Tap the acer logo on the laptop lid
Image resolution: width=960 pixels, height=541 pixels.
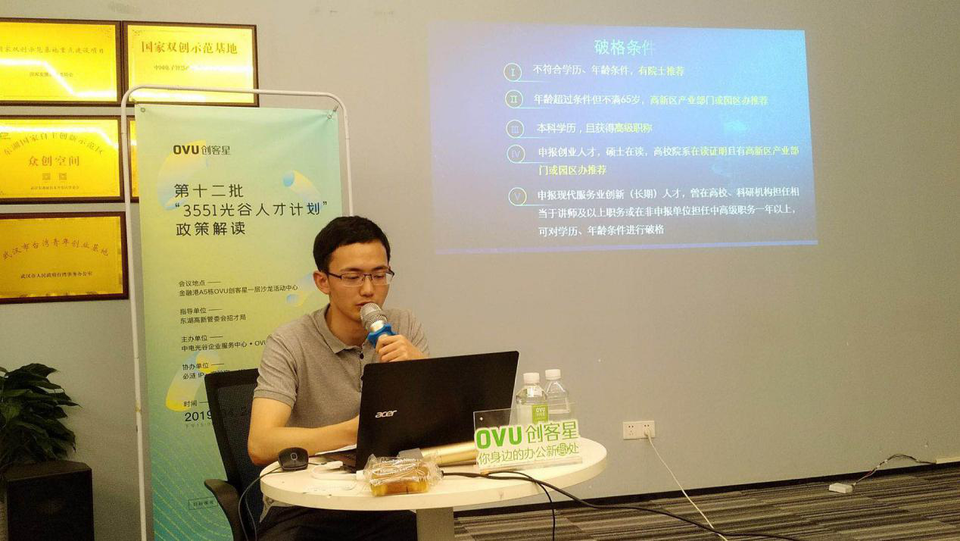[385, 414]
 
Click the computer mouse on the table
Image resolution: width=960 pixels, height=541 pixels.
[292, 457]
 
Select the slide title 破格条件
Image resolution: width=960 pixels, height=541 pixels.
[624, 47]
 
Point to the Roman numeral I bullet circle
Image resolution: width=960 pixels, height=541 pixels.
[513, 72]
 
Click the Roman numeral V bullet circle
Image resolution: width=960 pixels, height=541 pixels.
[517, 197]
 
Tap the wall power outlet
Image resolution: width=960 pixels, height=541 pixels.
[638, 430]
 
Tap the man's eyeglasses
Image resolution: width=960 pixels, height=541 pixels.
[360, 278]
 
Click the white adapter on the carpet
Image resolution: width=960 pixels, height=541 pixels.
[840, 488]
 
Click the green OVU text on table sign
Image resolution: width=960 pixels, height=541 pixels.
[498, 437]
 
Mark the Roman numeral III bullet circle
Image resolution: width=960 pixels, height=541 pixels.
[516, 130]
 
